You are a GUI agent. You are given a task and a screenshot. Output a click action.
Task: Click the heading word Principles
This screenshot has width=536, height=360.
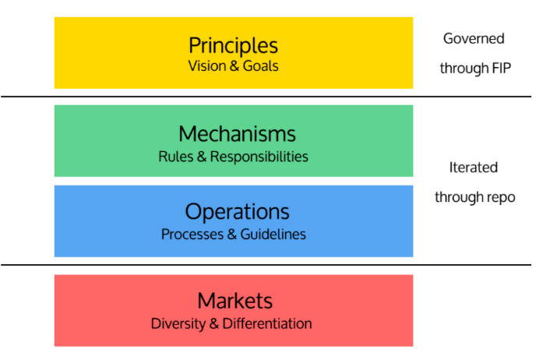coord(234,46)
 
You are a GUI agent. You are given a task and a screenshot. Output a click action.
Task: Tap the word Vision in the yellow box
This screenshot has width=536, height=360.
coord(206,66)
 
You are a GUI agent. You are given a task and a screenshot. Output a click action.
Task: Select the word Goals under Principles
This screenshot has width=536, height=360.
coord(260,66)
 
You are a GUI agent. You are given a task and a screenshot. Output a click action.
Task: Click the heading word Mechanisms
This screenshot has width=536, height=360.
coord(237,134)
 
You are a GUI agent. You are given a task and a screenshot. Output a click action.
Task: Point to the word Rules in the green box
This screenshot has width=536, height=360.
coord(176,157)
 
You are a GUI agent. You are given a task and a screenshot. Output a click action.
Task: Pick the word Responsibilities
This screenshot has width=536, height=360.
coord(259,157)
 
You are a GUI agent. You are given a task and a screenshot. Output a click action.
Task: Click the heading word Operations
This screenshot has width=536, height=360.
coord(238,212)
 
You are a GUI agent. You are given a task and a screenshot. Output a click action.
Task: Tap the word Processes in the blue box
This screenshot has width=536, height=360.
coord(192,235)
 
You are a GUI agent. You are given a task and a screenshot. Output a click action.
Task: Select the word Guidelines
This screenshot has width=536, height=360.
coord(273,235)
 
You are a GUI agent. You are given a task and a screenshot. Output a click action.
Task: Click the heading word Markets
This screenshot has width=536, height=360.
coord(235,301)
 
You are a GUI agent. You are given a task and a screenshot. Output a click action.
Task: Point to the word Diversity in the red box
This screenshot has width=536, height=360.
coord(178,323)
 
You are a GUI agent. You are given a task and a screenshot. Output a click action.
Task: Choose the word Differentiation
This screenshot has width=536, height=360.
coord(267,323)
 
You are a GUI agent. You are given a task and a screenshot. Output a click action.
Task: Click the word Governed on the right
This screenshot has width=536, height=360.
coord(474,39)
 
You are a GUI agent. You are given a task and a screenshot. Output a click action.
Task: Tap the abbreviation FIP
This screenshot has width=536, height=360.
coord(502,68)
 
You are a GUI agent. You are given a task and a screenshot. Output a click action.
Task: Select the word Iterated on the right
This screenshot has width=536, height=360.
coord(473,168)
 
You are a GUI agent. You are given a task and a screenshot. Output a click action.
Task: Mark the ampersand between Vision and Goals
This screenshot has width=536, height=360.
coord(234,66)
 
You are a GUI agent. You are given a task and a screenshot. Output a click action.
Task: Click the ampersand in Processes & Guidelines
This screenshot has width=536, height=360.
coord(231,235)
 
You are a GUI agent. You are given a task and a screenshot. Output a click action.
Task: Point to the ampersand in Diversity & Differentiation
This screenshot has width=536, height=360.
coord(214,323)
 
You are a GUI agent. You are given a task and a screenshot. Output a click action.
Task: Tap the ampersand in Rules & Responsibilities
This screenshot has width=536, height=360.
coord(202,157)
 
